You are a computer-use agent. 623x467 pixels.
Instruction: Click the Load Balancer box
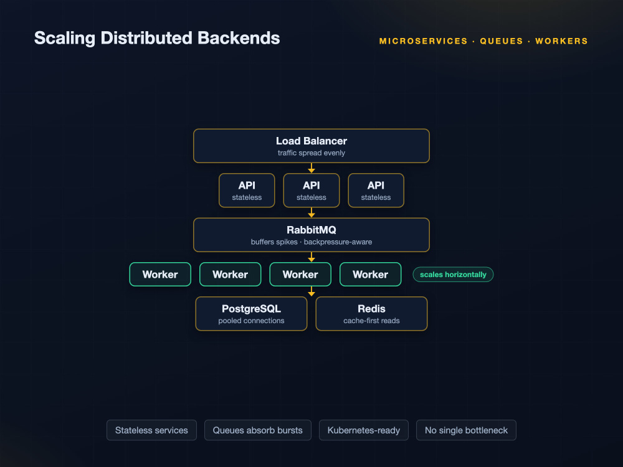click(311, 146)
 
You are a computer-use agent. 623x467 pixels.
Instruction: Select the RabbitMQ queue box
click(311, 235)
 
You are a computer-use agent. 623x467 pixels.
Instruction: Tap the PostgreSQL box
click(251, 314)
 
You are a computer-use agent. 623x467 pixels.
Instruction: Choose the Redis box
click(371, 314)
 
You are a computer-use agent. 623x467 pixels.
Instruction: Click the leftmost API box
click(247, 190)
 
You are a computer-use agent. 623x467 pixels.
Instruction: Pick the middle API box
click(311, 190)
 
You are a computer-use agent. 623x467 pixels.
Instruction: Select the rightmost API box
click(376, 190)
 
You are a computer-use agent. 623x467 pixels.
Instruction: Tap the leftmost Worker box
click(160, 275)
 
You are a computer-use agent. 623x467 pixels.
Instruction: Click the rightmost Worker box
click(370, 275)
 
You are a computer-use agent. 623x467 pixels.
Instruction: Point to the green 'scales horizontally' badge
click(453, 275)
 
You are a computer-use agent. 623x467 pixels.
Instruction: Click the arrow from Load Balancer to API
click(311, 168)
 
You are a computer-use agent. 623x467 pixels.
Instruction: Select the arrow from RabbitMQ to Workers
click(311, 257)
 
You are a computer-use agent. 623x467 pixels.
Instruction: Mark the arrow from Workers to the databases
click(311, 291)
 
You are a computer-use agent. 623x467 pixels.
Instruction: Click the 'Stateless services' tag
click(151, 430)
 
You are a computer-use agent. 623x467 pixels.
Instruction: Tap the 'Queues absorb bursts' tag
click(257, 430)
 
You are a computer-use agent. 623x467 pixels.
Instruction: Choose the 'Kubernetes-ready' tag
click(364, 430)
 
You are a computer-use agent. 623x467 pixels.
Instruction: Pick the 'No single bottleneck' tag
click(466, 430)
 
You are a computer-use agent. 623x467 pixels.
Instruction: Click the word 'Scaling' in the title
click(65, 39)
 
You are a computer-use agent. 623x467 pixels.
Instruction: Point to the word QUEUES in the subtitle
click(502, 41)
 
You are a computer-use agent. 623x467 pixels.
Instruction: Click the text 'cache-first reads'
click(371, 321)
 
